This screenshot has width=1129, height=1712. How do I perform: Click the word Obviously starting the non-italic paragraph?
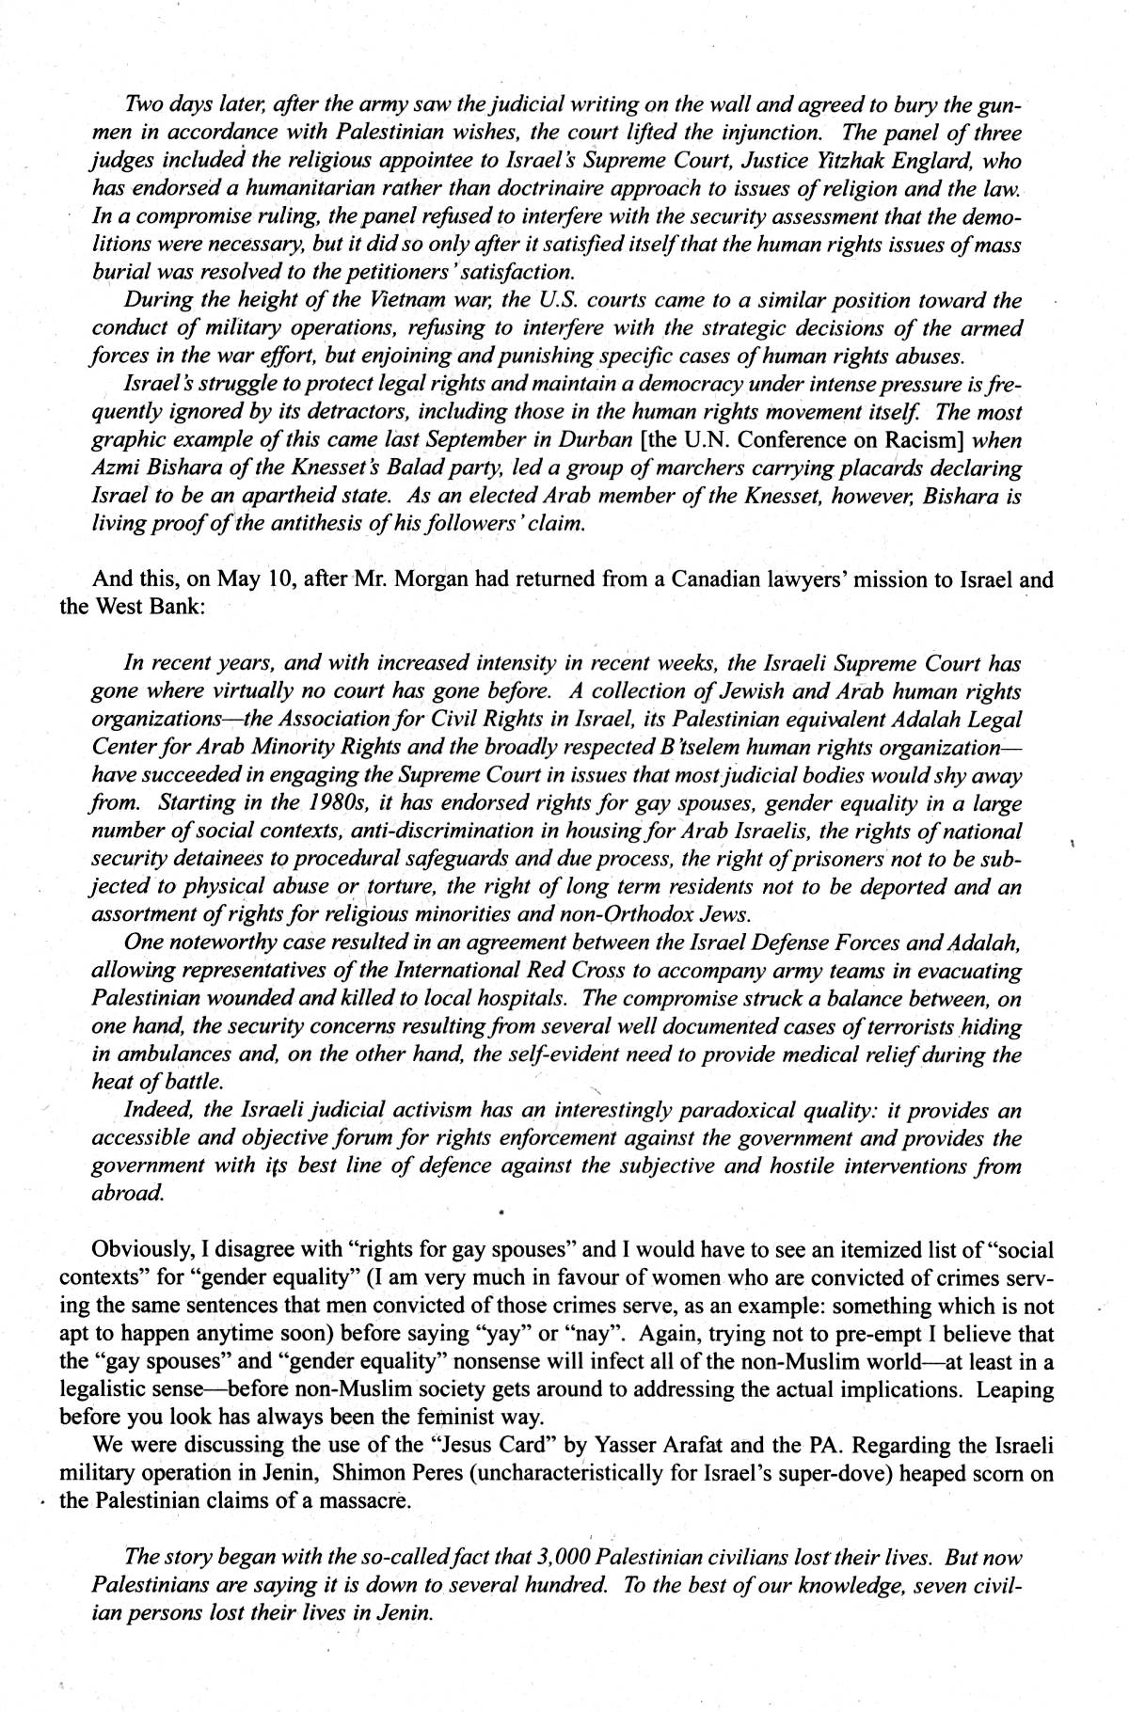tap(140, 1250)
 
